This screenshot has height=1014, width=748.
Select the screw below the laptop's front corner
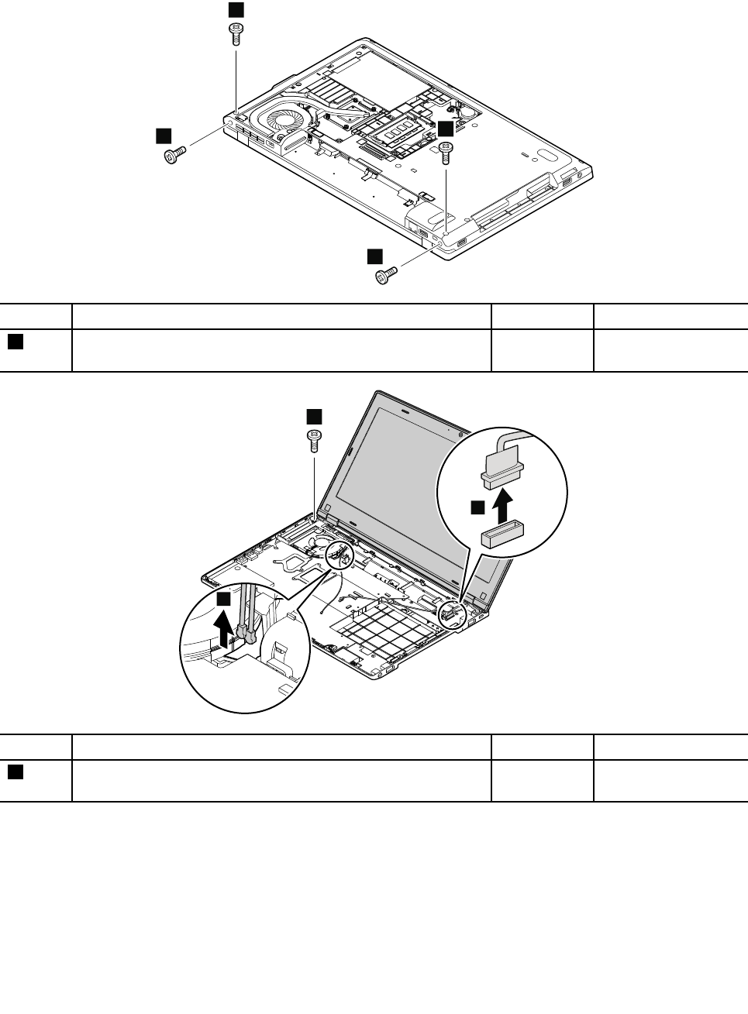[x=386, y=274]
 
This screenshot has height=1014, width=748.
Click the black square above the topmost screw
[x=235, y=9]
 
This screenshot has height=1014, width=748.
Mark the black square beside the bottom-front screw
[x=374, y=256]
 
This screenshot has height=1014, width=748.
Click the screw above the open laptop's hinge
[x=315, y=440]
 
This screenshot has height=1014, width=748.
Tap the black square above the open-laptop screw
[x=313, y=415]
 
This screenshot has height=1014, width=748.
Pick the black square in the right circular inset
[x=478, y=507]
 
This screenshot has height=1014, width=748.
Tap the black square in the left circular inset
[x=223, y=600]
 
